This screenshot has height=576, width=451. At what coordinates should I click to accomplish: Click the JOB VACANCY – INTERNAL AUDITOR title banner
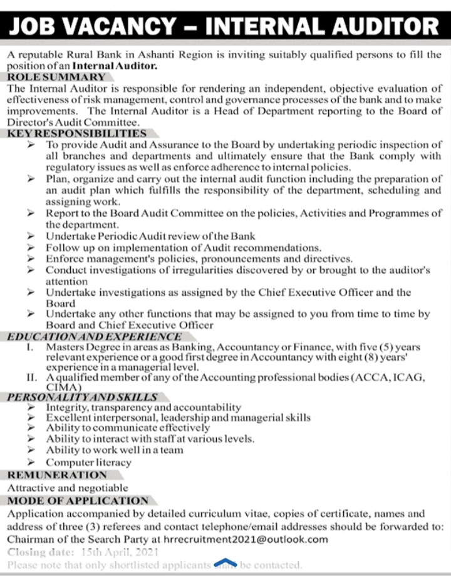click(225, 25)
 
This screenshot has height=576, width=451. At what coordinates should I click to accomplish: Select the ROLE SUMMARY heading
click(56, 77)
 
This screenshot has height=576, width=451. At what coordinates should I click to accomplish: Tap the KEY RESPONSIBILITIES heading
click(76, 133)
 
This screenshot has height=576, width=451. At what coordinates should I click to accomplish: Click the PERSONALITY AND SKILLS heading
click(81, 397)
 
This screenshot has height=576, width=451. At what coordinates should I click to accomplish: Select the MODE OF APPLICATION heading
click(78, 500)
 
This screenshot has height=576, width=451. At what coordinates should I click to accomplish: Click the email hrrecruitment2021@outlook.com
click(249, 539)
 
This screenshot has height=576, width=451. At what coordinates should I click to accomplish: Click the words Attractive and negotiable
click(68, 488)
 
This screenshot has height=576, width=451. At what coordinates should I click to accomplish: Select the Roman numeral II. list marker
click(31, 378)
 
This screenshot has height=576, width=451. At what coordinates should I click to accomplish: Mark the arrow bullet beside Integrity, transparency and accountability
click(31, 407)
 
